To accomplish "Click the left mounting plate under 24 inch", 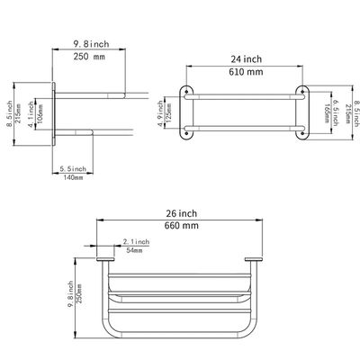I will [186, 113].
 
